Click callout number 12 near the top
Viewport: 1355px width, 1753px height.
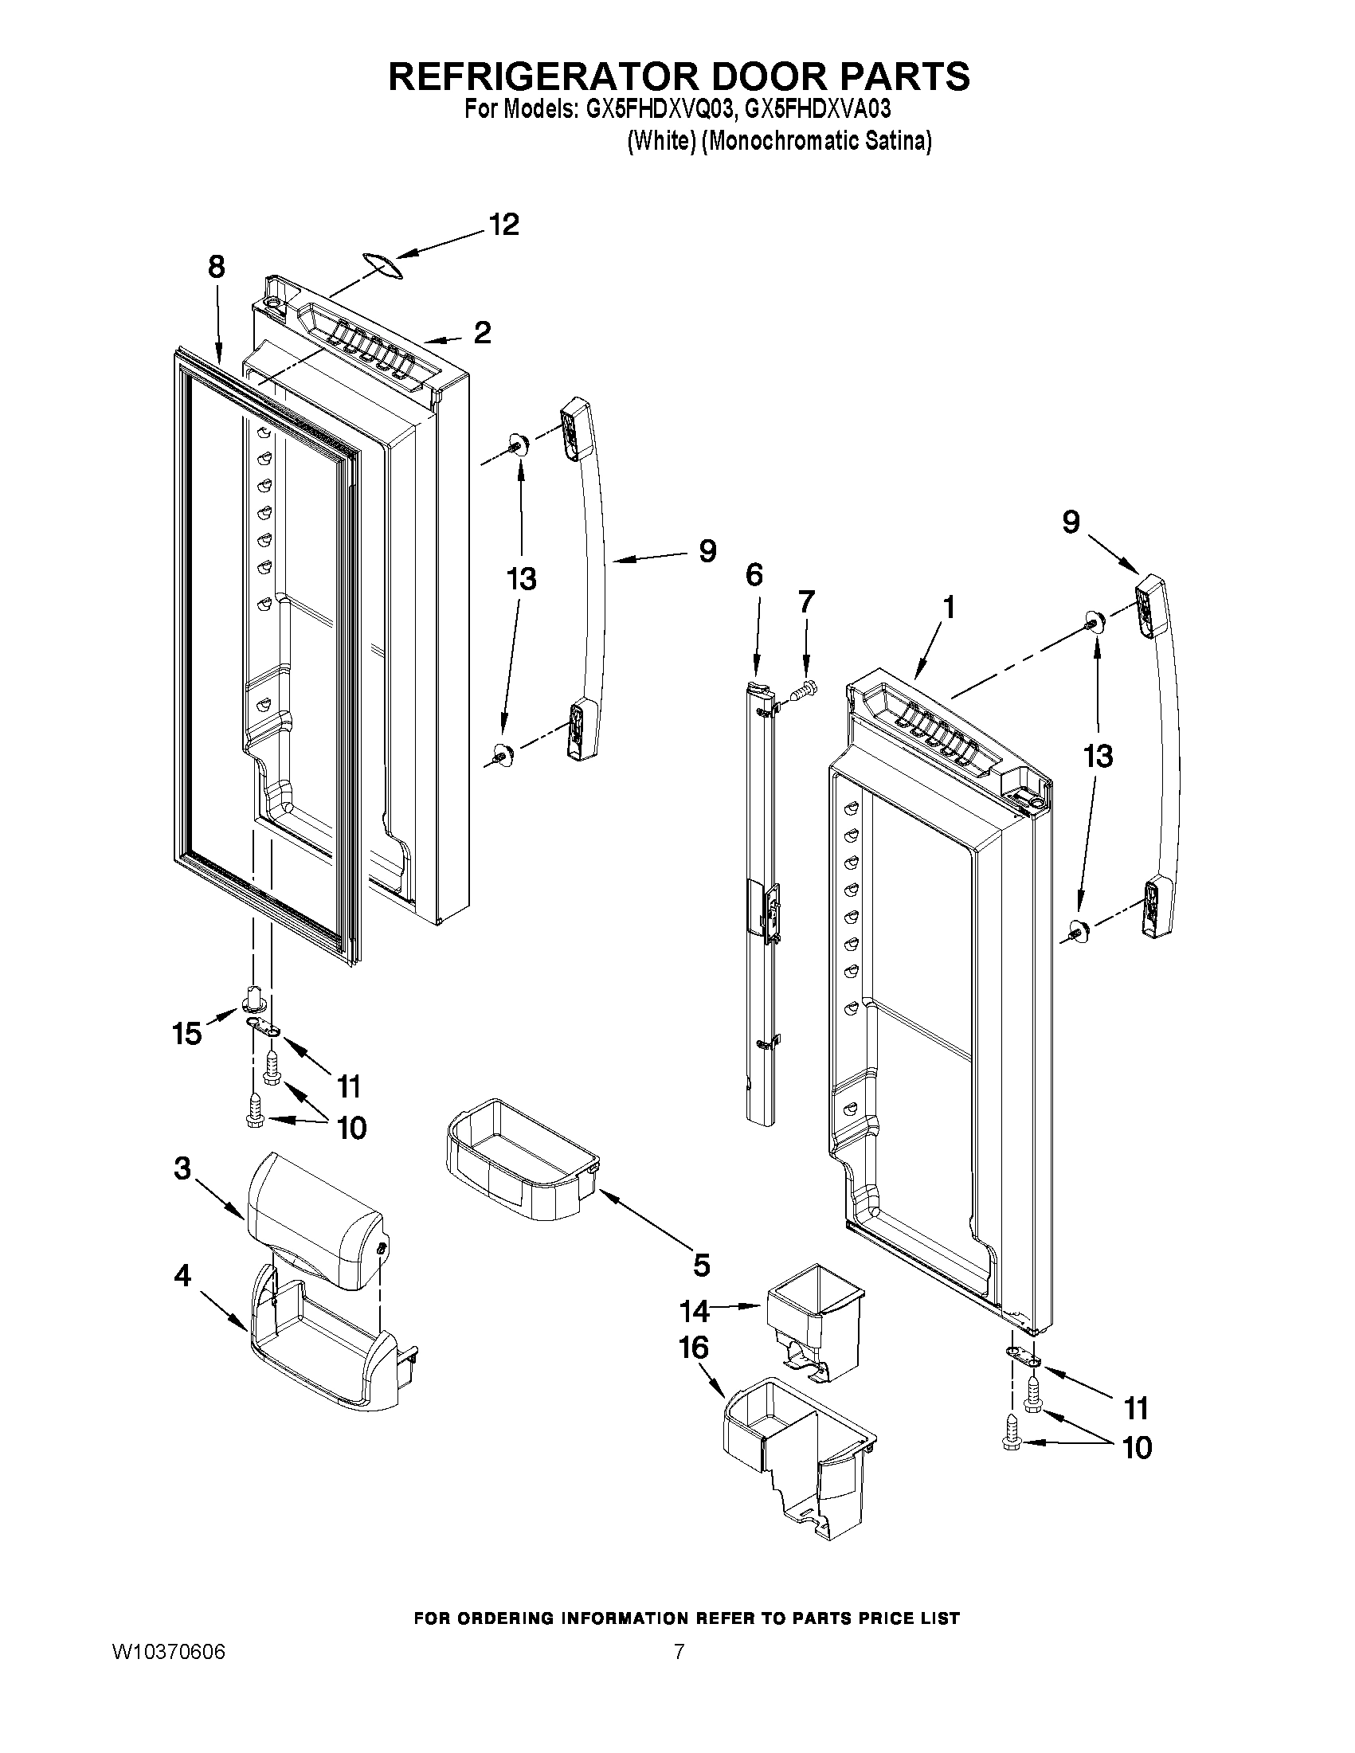click(504, 225)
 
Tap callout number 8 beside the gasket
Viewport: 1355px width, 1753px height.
click(216, 268)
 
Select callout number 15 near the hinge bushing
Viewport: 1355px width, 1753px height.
click(186, 1034)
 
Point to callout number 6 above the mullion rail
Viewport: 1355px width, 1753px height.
click(754, 576)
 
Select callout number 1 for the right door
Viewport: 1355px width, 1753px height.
click(948, 608)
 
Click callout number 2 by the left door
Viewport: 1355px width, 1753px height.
click(482, 332)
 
